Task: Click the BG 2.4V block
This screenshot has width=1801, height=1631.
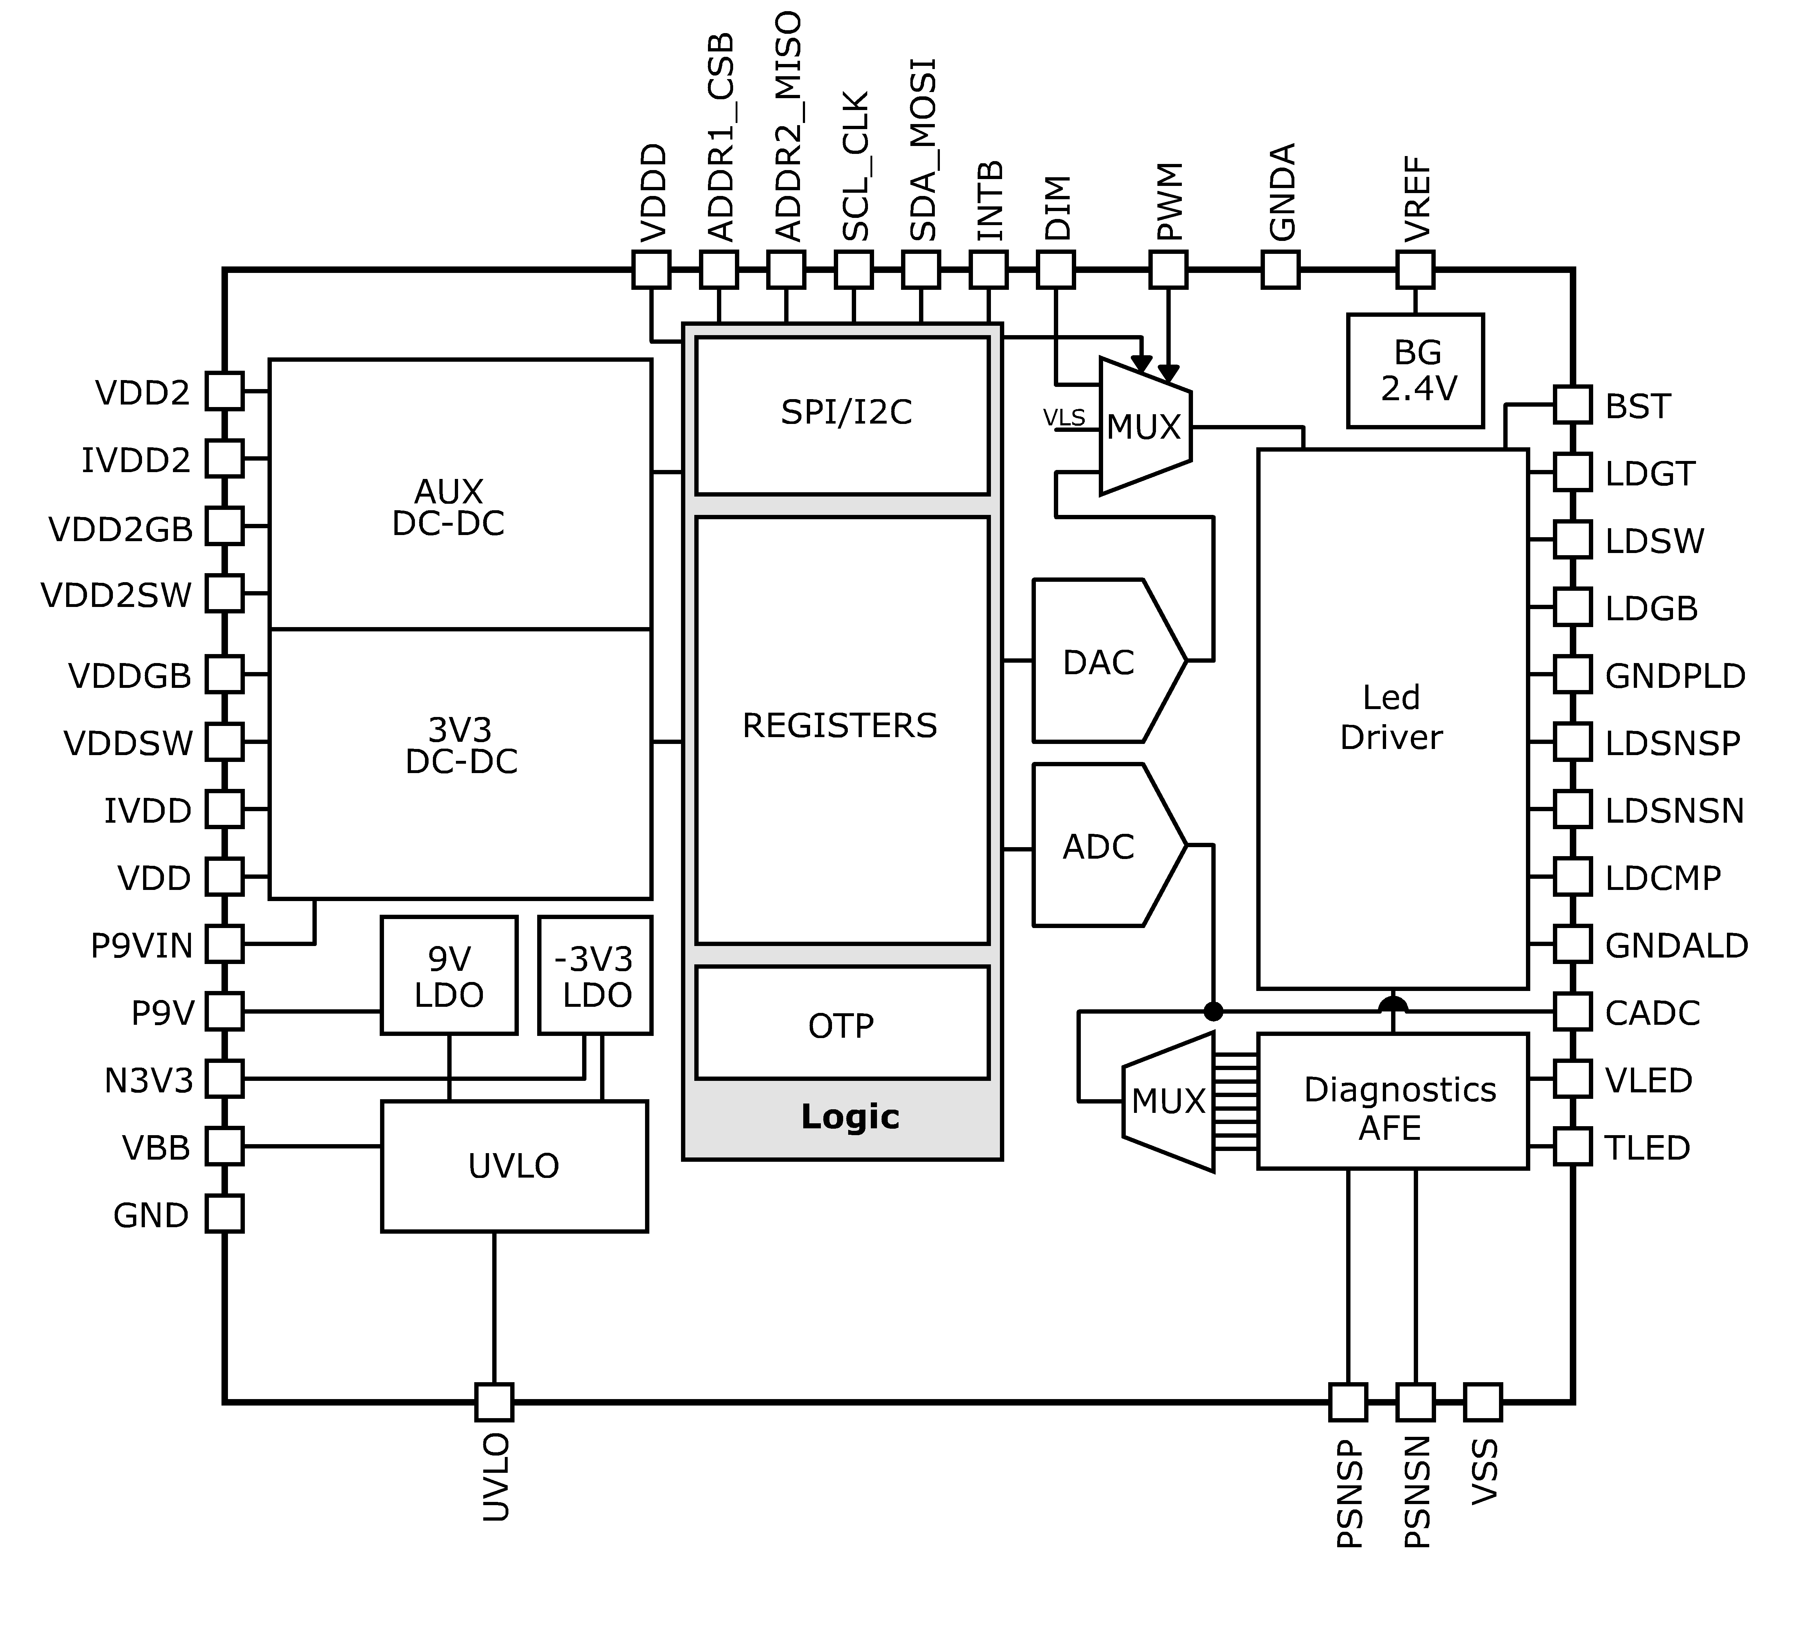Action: coord(1416,371)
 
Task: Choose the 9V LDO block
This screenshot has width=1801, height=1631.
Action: coord(448,976)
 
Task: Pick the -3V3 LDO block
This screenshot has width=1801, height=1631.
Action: coord(595,976)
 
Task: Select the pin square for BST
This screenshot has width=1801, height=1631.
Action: coord(1572,405)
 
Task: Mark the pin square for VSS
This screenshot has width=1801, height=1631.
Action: coord(1483,1402)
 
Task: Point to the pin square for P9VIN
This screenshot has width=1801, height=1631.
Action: coord(224,944)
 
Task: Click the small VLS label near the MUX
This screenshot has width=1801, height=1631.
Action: coord(1064,417)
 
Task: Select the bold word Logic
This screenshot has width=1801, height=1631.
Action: coord(850,1116)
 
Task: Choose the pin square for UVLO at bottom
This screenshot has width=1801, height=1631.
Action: coord(494,1402)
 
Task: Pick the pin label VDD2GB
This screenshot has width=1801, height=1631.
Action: coord(120,530)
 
